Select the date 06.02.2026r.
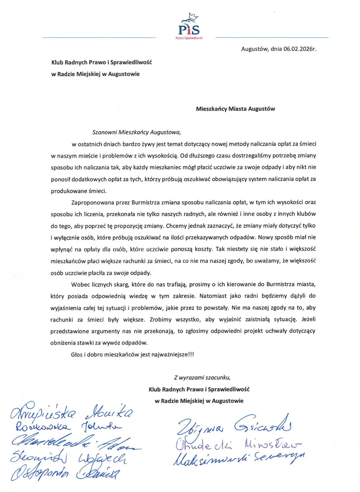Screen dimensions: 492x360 pos(300,49)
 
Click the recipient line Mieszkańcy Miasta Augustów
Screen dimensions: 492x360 pos(235,109)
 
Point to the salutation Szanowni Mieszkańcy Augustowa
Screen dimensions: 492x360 pos(137,132)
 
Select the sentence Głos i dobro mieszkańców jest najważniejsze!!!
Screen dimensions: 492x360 pos(132,354)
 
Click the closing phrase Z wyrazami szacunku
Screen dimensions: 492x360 pos(202,377)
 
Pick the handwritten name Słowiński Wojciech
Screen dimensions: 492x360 pos(68,457)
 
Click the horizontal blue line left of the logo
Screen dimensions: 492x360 pos(99,37)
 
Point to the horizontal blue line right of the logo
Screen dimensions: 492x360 pos(272,37)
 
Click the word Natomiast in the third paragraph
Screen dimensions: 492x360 pos(213,296)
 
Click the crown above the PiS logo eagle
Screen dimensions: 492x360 pos(193,16)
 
